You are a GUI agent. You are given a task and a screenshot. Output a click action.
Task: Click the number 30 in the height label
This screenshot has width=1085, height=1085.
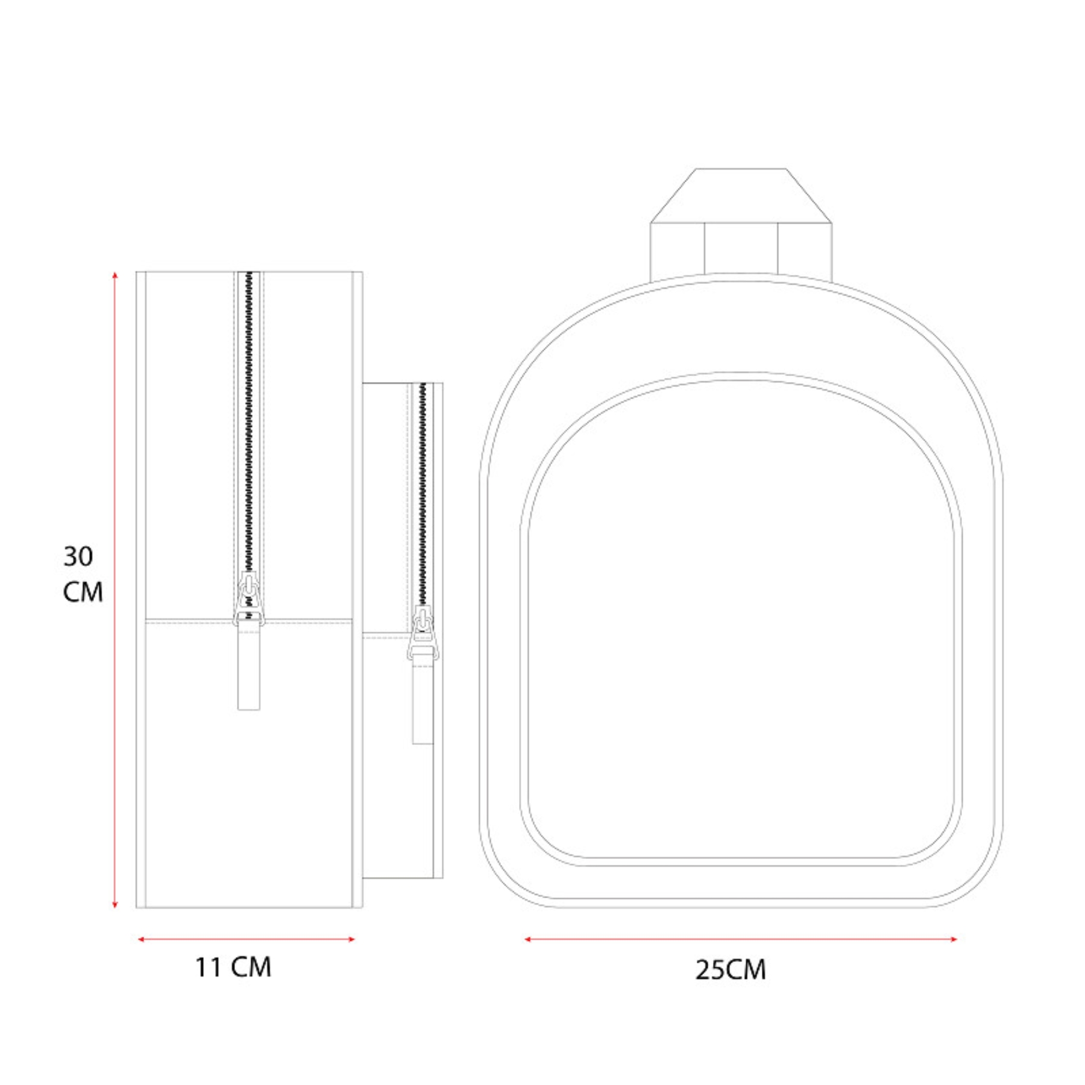(78, 556)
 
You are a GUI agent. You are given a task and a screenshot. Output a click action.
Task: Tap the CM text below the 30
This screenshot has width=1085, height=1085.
(83, 592)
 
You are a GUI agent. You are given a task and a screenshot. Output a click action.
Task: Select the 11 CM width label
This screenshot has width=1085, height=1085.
(233, 967)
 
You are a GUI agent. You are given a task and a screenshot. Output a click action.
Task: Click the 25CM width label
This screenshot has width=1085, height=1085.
(731, 970)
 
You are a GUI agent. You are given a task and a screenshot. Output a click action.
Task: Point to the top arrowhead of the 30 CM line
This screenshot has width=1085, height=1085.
(115, 275)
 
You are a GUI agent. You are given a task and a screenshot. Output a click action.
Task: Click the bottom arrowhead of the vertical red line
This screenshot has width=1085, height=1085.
(115, 904)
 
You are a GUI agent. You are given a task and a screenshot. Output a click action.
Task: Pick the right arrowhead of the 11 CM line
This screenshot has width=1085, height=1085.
(351, 939)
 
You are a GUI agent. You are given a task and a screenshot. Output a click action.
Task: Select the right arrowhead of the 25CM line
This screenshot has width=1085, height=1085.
(953, 939)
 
